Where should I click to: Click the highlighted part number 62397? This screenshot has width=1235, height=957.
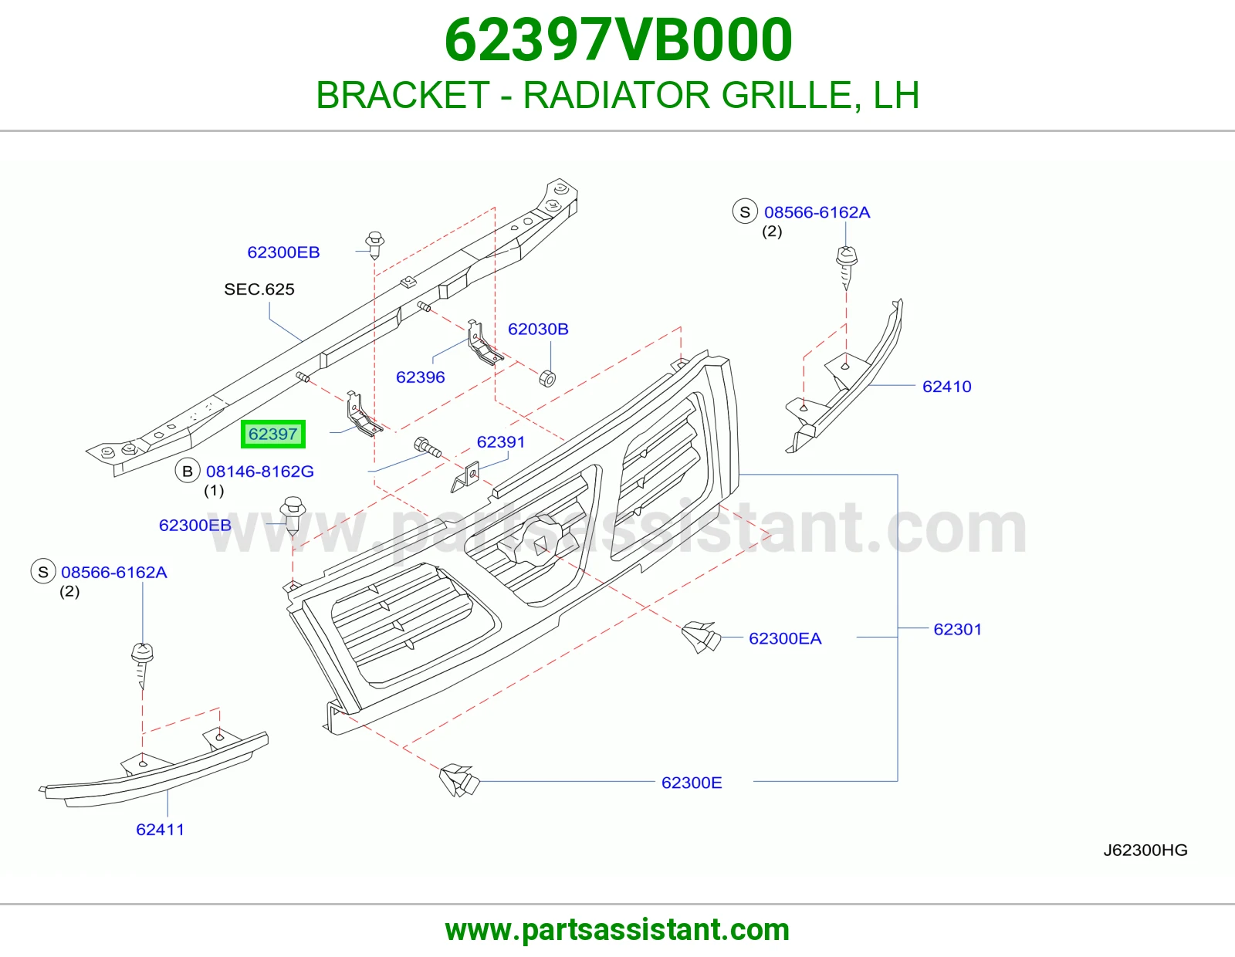click(272, 435)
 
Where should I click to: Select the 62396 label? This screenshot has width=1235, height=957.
click(421, 377)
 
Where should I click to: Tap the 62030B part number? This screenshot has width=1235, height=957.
click(538, 329)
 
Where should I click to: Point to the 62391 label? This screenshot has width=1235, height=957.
click(501, 441)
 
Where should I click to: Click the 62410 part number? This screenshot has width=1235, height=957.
click(947, 387)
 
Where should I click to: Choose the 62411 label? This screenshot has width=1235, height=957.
click(161, 830)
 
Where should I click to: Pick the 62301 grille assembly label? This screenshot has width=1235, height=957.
click(958, 629)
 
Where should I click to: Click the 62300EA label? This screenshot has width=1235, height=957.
click(786, 638)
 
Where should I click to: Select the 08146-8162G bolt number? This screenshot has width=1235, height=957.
click(259, 471)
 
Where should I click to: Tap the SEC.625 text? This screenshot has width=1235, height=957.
click(259, 289)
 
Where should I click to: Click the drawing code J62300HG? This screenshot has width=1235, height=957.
click(1145, 850)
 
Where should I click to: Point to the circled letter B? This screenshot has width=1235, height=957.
click(188, 471)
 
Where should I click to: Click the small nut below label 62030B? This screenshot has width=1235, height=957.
click(546, 378)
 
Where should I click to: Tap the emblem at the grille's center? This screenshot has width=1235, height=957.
click(540, 542)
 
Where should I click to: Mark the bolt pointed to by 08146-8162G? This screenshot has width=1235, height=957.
click(428, 448)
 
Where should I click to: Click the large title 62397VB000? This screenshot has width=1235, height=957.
click(618, 40)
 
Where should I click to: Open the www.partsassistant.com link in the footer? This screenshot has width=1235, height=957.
click(617, 930)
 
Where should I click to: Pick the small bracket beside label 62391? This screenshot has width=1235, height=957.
click(466, 476)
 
